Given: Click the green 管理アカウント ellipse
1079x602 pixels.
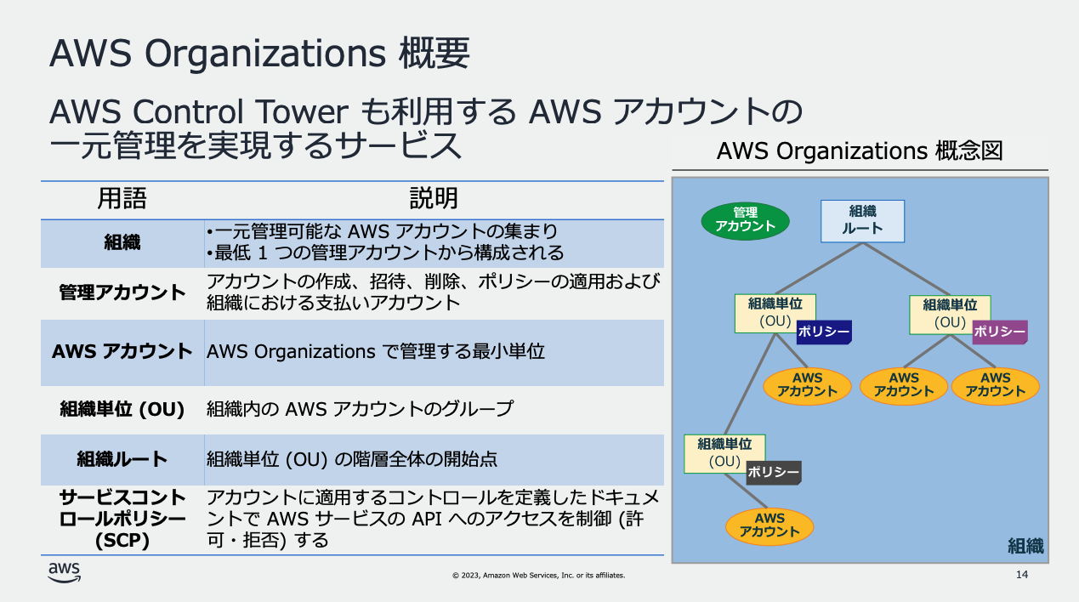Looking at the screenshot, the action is click(745, 220).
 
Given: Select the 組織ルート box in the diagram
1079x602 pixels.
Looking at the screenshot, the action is click(862, 221).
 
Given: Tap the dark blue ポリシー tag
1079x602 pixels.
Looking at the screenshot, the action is click(824, 332).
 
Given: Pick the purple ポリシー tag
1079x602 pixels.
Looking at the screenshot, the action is click(1000, 332).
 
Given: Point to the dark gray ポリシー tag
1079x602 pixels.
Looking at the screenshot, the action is click(774, 473).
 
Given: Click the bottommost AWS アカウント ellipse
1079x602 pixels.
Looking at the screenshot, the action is click(769, 526).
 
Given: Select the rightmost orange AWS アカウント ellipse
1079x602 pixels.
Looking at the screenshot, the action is click(995, 386).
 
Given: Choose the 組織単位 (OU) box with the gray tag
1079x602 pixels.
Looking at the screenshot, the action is click(724, 454).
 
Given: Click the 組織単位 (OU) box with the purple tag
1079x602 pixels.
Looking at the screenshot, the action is click(950, 315).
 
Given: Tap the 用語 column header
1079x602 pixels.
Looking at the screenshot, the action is click(122, 198).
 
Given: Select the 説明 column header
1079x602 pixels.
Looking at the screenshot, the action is click(434, 198).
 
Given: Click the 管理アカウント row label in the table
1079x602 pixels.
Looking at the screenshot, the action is click(122, 292).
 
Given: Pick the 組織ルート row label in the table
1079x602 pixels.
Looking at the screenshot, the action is click(122, 459).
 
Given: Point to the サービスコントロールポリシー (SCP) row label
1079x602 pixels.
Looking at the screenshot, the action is click(122, 520).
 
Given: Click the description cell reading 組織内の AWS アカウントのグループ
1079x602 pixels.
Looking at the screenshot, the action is click(360, 409).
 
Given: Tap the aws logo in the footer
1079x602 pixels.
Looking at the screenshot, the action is click(65, 572).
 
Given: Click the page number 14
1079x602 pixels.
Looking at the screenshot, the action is click(1022, 575).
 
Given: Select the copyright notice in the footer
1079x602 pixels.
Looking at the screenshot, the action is click(538, 575).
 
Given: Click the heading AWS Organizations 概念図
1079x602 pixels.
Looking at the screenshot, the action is click(860, 150).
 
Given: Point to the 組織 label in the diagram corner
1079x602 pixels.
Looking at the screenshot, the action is click(1025, 546).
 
